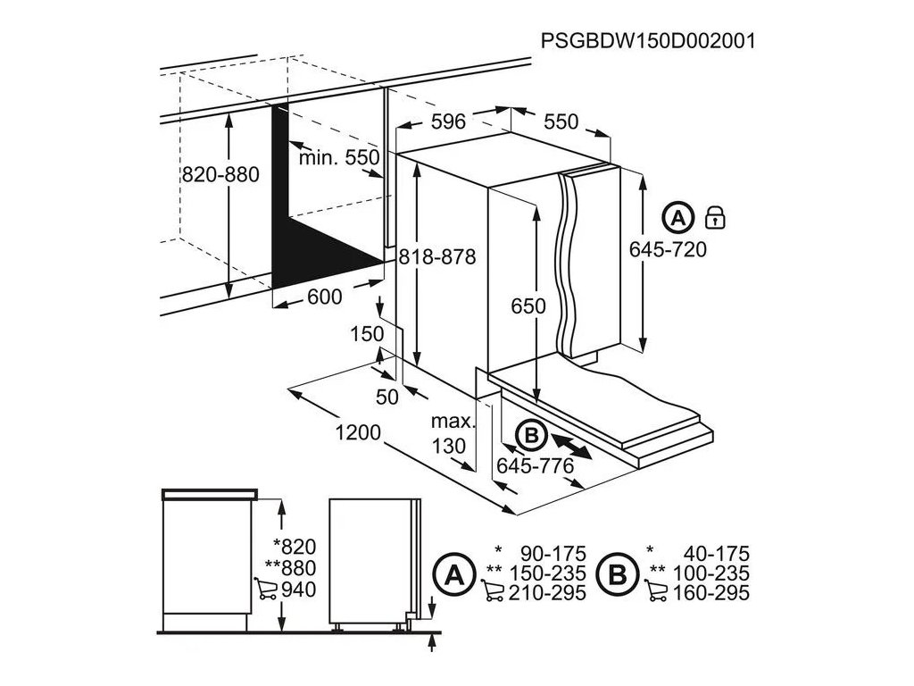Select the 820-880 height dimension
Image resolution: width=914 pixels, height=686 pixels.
tap(220, 175)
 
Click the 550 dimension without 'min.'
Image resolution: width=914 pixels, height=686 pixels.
tap(561, 121)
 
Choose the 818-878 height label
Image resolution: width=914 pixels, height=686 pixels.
tap(436, 255)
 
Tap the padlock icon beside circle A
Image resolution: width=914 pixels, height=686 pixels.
tap(715, 216)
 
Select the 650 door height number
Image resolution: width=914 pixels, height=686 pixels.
tap(528, 305)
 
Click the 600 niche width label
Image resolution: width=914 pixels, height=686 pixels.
tap(324, 297)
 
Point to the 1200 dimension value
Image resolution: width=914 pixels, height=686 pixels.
tap(358, 432)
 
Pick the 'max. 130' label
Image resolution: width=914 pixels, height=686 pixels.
tap(448, 432)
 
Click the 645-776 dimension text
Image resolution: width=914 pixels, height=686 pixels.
tap(536, 464)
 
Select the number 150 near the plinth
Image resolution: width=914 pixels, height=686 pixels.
tap(366, 333)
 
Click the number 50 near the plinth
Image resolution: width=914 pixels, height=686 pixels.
tap(386, 398)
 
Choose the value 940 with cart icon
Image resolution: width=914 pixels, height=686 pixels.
tap(299, 590)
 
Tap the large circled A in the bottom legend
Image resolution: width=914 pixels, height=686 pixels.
tap(453, 573)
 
